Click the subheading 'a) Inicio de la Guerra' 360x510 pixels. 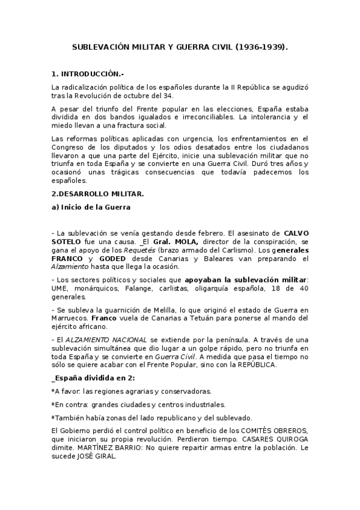point(91,207)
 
